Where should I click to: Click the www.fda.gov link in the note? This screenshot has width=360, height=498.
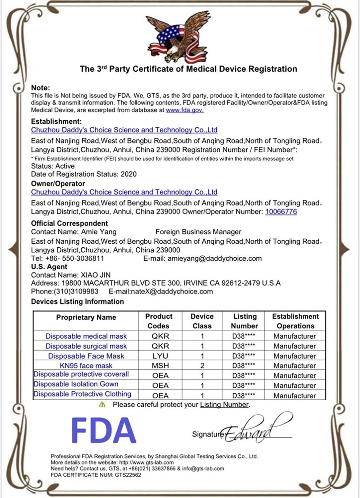184,110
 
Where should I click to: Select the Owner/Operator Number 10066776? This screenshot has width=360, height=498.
281,212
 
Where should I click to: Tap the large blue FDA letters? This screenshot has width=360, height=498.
104,430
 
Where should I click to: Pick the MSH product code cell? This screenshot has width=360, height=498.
160,366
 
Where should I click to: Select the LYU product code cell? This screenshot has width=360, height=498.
160,356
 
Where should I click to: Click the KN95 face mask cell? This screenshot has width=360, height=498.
86,366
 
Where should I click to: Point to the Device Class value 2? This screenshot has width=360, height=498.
202,366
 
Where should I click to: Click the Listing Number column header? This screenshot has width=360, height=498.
245,321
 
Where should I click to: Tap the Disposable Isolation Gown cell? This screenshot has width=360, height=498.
76,384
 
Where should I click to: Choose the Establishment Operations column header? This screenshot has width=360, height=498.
295,321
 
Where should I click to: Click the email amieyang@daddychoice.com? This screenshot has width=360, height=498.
214,259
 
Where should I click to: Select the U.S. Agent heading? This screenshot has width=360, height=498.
49,267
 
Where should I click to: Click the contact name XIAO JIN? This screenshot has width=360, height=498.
96,275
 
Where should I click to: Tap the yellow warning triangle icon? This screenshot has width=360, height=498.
102,405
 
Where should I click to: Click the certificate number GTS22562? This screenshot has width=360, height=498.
128,475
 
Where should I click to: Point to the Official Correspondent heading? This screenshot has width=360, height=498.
69,223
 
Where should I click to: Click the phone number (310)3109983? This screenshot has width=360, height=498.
76,291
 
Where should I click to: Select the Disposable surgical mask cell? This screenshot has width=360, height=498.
86,346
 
